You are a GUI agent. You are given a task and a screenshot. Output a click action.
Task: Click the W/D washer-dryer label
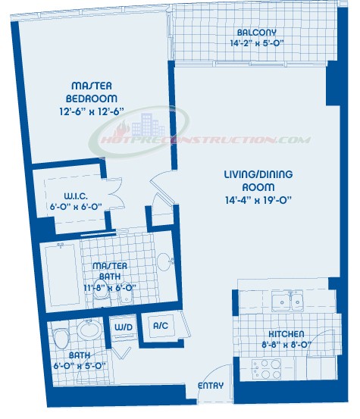pos(124,327)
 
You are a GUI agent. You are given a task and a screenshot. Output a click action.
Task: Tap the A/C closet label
pos(161,326)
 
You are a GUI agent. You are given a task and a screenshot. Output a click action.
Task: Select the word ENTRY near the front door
pos(211,386)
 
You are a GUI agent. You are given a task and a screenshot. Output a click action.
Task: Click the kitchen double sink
pos(287,301)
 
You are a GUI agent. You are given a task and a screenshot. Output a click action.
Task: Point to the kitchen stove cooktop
pos(267,369)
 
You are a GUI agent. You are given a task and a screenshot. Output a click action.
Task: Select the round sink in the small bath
pos(89,330)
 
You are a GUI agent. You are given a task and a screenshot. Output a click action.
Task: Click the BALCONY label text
pos(257,33)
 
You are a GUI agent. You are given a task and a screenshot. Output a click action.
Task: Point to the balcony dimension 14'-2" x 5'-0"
pos(257,43)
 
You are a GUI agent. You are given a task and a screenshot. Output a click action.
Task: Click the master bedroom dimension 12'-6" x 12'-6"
pos(92,111)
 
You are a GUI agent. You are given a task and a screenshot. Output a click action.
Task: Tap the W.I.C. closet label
pos(76,196)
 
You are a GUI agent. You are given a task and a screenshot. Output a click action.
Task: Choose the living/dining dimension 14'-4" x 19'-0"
pos(258,200)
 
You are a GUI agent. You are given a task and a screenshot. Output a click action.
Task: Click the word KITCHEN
pos(286,334)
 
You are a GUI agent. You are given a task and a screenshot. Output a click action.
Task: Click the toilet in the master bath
pos(102,292)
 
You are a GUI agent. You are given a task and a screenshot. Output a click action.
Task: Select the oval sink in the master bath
pos(163,261)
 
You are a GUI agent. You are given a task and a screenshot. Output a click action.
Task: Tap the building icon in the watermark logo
pos(148,124)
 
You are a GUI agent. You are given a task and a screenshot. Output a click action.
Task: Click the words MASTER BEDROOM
pos(92,92)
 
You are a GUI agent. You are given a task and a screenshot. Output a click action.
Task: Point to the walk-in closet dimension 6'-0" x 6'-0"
pos(76,207)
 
